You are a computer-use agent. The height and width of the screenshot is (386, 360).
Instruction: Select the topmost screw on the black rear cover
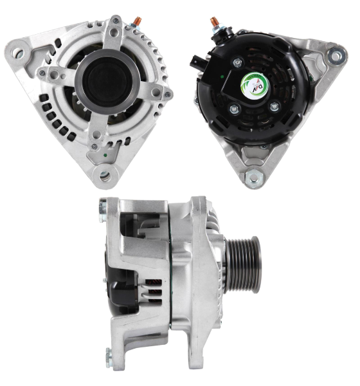click(239, 62)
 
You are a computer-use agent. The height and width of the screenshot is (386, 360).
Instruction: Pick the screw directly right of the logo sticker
click(274, 106)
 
